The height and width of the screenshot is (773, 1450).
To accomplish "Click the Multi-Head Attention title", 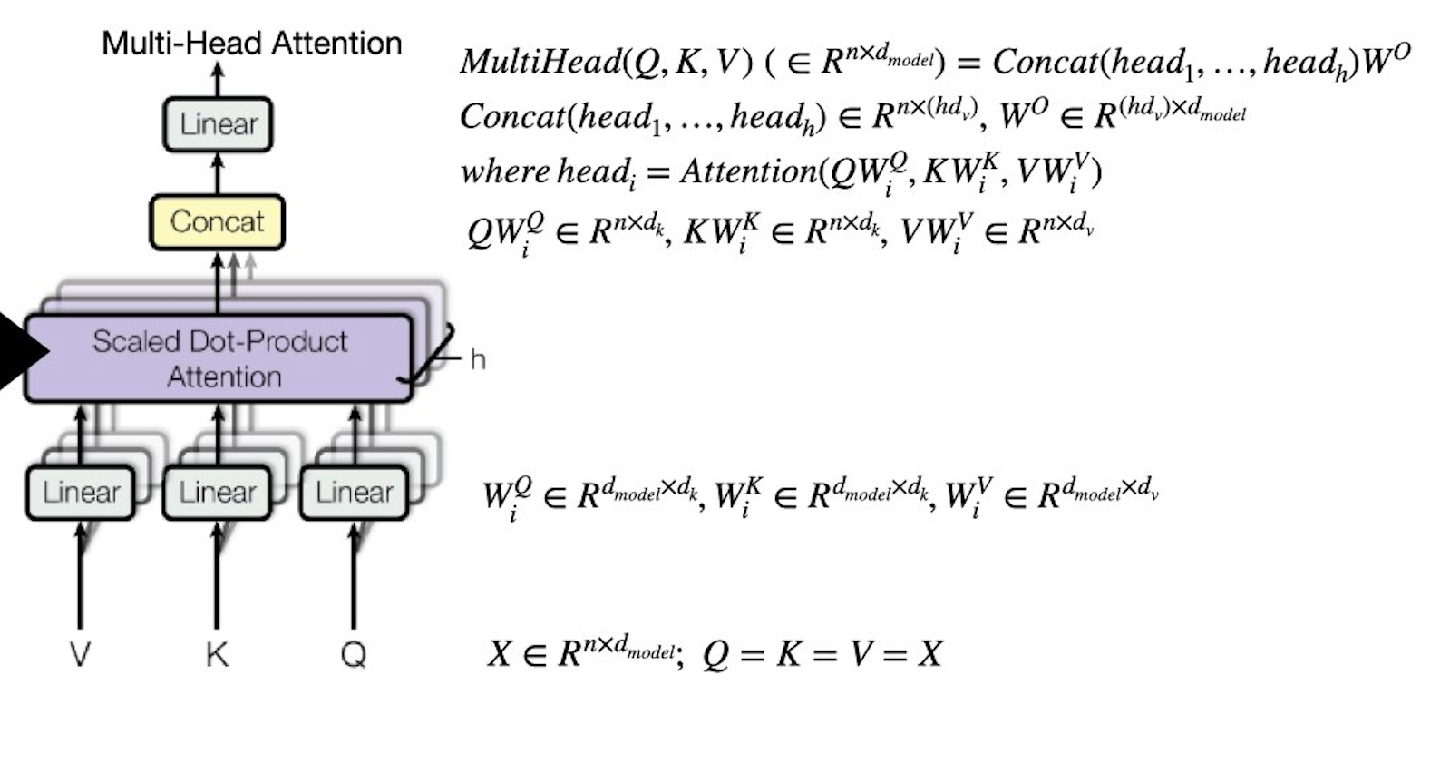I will [x=251, y=43].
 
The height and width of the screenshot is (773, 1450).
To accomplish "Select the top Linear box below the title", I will [x=218, y=123].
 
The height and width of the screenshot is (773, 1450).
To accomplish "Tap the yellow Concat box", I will [x=217, y=221].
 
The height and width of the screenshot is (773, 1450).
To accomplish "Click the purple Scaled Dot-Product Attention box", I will [x=219, y=358].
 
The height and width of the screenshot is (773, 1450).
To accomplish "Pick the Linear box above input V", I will [x=81, y=493].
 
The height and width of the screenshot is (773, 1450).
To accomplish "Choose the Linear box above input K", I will [x=217, y=493].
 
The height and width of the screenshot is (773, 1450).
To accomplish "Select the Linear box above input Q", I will [x=354, y=493].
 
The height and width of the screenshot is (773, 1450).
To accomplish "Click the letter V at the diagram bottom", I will [x=80, y=653].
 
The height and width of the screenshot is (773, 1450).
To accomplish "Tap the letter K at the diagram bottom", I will [x=217, y=653].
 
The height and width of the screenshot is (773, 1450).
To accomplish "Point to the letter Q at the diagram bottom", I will [x=354, y=653].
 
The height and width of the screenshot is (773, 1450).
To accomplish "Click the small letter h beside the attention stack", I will [x=478, y=360].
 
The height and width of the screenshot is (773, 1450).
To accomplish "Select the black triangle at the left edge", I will [x=18, y=351].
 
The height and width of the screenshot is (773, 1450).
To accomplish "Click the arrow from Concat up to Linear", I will [x=218, y=173].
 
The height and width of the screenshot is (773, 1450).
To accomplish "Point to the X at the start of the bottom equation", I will [x=500, y=653].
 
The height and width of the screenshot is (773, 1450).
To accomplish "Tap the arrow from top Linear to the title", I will [x=218, y=80].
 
